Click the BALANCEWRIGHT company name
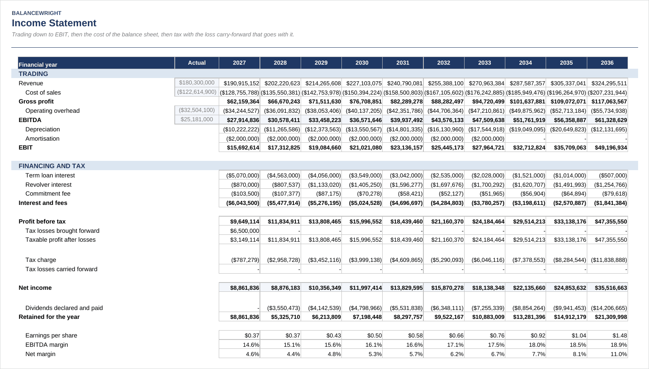point(36,13)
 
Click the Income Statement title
point(54,23)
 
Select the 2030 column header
point(362,63)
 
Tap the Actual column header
point(197,63)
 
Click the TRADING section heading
point(33,74)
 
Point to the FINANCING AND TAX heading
point(52,166)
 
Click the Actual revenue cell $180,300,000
point(197,83)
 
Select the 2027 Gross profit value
point(243,101)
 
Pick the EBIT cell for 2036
point(611,148)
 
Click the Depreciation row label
point(43,129)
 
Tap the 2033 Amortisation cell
point(488,139)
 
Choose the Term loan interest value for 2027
point(243,175)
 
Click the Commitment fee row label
point(48,194)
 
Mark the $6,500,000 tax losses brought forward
point(245,231)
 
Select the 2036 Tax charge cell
point(609,260)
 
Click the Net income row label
point(35,288)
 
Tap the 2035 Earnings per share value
point(579,335)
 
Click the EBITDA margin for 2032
point(456,345)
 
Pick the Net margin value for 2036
point(619,354)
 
